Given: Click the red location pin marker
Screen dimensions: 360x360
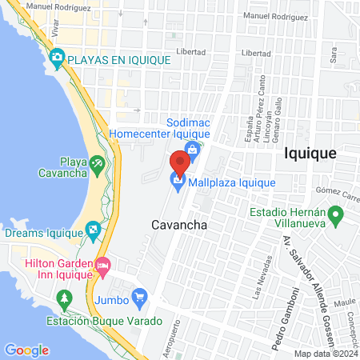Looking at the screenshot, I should tap(180, 162).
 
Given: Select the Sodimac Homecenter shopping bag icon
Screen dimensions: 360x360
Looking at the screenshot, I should tap(191, 149).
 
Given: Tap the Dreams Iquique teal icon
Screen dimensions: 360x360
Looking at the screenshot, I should tap(94, 231).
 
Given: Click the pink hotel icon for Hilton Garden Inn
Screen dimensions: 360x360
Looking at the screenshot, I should tap(102, 265).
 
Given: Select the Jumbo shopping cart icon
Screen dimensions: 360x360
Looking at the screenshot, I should tap(140, 297).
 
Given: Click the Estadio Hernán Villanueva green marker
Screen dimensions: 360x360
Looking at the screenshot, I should tap(337, 215).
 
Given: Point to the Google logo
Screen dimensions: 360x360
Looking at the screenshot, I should tap(26, 350).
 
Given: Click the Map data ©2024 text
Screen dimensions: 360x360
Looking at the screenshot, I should tap(325, 353).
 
